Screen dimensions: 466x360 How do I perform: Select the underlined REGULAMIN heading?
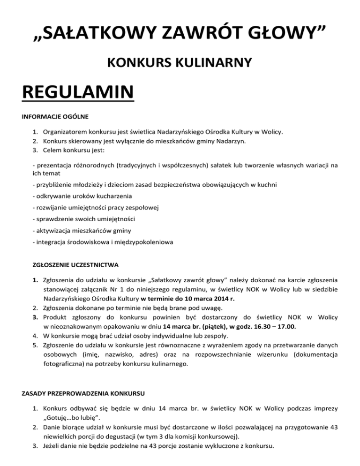pyautogui.click(x=78, y=92)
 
